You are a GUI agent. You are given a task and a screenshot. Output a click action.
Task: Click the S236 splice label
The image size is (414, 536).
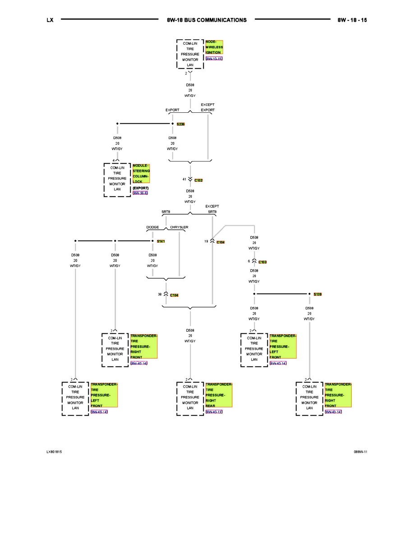click(181, 124)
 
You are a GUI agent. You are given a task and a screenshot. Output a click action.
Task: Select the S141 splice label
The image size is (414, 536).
click(161, 241)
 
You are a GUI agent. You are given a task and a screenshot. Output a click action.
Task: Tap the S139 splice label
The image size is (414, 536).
click(318, 294)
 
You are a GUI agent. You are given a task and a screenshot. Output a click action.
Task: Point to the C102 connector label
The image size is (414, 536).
click(199, 180)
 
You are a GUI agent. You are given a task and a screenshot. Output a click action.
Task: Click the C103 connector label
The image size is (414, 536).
click(262, 262)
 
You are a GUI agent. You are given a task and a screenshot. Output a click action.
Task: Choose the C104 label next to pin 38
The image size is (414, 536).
click(175, 295)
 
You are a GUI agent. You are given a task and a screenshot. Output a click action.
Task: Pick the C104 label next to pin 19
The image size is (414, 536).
click(221, 242)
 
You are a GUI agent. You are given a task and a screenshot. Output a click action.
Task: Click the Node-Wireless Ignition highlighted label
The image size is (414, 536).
click(214, 47)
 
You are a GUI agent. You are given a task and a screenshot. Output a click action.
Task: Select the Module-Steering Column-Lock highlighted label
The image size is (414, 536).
click(141, 174)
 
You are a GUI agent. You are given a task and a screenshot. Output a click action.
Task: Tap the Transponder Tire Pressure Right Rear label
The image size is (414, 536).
click(219, 395)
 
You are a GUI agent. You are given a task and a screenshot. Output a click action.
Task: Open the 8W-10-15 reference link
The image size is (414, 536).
click(214, 59)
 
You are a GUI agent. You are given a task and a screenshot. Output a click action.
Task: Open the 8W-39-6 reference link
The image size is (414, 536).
click(140, 193)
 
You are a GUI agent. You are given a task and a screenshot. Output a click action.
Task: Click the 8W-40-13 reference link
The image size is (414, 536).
click(214, 412)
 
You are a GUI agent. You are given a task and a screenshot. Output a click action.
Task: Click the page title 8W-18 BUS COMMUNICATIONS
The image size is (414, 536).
click(207, 20)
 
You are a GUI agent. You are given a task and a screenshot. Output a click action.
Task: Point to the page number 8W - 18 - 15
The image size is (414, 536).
click(352, 20)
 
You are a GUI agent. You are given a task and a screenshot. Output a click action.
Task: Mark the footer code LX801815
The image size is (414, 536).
click(54, 451)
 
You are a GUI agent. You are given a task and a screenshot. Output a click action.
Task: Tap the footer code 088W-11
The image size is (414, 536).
click(361, 451)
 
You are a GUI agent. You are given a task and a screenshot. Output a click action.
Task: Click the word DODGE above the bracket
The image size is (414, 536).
click(152, 227)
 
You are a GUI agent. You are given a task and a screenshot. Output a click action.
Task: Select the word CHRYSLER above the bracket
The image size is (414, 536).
click(179, 227)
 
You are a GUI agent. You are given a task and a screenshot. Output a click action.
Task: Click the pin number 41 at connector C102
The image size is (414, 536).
click(184, 179)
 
